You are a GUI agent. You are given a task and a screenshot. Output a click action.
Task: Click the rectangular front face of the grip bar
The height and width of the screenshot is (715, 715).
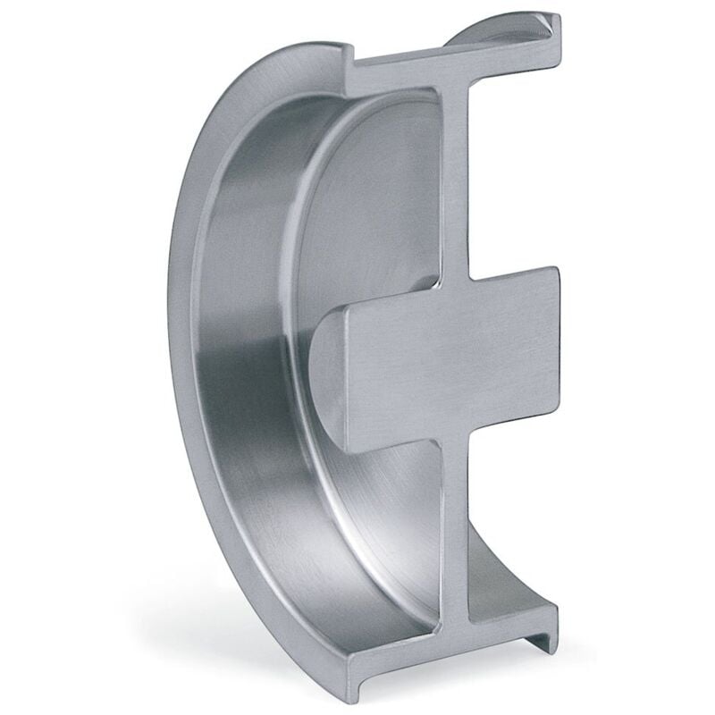point(447,357)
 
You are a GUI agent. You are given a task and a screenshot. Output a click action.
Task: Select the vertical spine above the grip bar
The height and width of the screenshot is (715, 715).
point(454,179)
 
